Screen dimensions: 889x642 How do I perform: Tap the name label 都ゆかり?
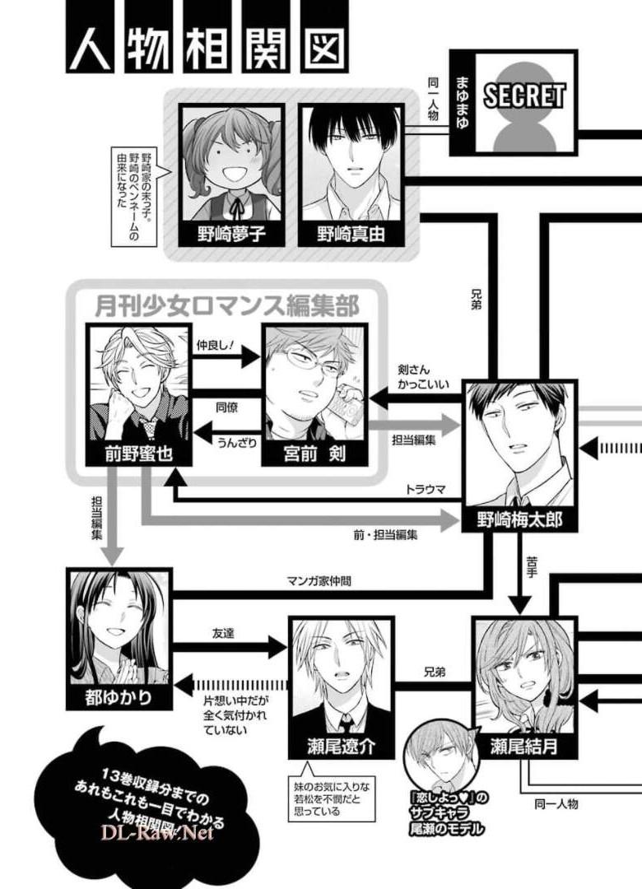119,698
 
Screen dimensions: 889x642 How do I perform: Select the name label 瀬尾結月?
523,747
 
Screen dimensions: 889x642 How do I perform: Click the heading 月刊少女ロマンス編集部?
226,307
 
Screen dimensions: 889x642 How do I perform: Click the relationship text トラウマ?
425,488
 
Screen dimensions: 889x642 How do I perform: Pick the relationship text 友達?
224,635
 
